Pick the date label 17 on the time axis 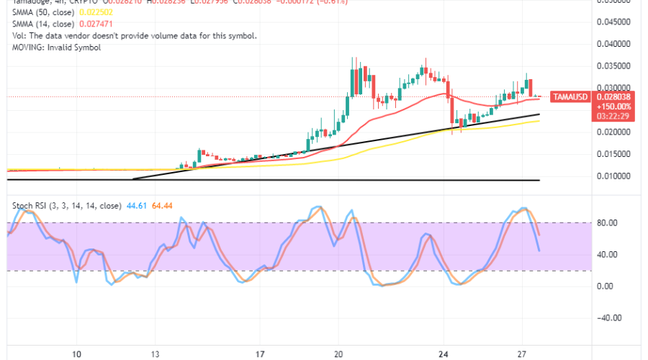[261, 354]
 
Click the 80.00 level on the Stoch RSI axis [610, 223]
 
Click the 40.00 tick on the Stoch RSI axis [610, 255]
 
